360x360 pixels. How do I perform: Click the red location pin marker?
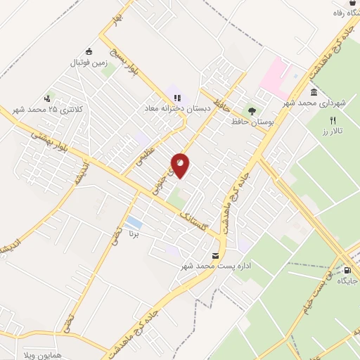coord(180,165)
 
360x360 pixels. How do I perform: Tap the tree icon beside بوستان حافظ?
coord(251,110)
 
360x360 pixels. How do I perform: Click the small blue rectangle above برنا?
coord(131,225)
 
